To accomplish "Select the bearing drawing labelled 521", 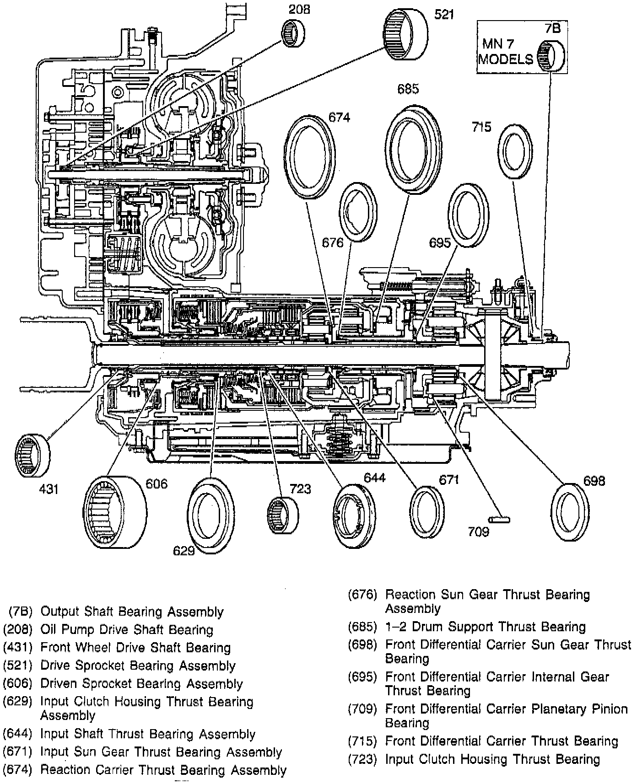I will [405, 36].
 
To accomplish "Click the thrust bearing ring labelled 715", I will [515, 150].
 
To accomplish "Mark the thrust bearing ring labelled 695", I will [468, 215].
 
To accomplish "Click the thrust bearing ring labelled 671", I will [426, 511].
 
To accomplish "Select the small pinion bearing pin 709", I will [499, 519].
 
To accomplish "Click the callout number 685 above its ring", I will [408, 89].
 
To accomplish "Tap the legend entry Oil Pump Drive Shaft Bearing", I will [127, 630].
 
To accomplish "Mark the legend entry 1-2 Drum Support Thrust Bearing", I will [485, 627].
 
